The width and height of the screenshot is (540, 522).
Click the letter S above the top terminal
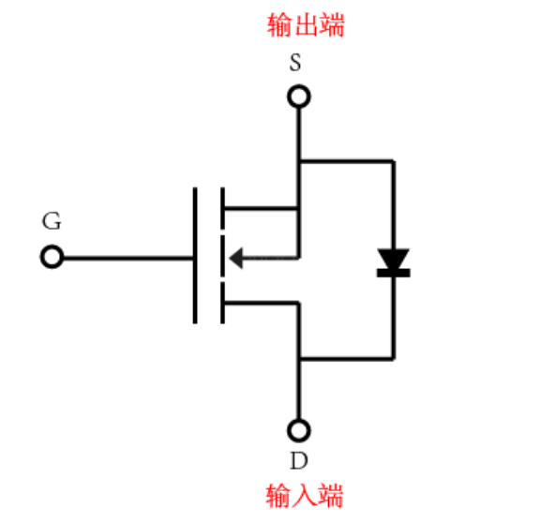coord(295,65)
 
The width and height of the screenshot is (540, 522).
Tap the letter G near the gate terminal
coord(52,222)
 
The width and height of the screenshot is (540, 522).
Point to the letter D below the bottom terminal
coord(298,460)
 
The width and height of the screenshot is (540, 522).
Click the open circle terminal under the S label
coord(299,96)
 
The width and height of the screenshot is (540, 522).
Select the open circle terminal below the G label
coord(52,257)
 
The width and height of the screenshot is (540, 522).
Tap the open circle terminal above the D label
coord(299,430)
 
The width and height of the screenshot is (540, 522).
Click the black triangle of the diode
coord(393,258)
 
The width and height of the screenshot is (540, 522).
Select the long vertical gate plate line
coord(196,255)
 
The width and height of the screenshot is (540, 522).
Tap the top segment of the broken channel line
coord(223,207)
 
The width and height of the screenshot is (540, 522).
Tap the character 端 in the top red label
coord(332,25)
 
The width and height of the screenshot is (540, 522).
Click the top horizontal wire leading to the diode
coord(346,160)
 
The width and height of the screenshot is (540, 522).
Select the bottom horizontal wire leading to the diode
coord(346,358)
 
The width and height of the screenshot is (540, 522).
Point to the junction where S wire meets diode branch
coord(299,160)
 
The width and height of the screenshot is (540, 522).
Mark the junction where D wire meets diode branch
coord(299,358)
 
